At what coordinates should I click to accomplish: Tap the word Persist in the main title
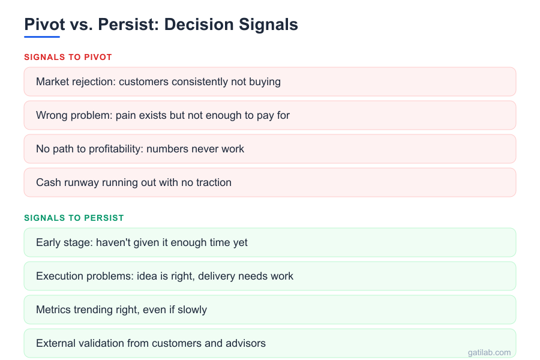click(x=127, y=25)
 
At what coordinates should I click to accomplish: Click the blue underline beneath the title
click(x=42, y=37)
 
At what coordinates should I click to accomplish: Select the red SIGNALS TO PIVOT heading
click(x=68, y=57)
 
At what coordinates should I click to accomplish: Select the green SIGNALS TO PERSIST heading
click(x=74, y=218)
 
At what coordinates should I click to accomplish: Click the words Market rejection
click(x=74, y=82)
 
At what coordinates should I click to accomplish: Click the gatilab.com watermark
click(x=489, y=352)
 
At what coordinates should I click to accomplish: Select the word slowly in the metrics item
click(x=192, y=310)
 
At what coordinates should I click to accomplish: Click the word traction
click(x=212, y=182)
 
